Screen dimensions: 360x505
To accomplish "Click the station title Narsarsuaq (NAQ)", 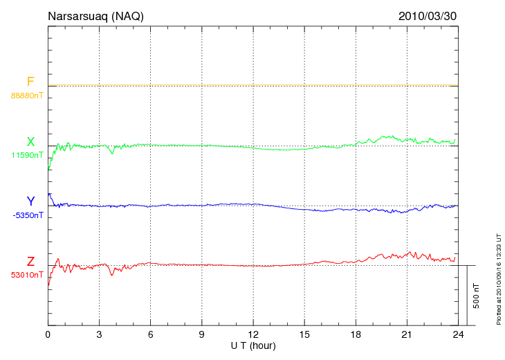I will pyautogui.click(x=95, y=15).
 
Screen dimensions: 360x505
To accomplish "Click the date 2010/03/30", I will pyautogui.click(x=428, y=15).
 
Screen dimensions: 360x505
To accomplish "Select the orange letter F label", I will pyautogui.click(x=30, y=82).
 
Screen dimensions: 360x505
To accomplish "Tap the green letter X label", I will pyautogui.click(x=30, y=142).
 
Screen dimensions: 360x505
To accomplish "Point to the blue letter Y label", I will pyautogui.click(x=30, y=201).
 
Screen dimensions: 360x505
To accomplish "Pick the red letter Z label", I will pyautogui.click(x=30, y=262).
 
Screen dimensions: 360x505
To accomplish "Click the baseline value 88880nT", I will pyautogui.click(x=27, y=96).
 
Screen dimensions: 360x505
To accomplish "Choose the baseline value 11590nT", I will pyautogui.click(x=27, y=155).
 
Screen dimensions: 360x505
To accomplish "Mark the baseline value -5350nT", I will pyautogui.click(x=27, y=215).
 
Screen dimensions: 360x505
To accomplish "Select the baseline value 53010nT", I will pyautogui.click(x=27, y=275).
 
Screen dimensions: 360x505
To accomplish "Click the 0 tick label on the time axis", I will pyautogui.click(x=48, y=335).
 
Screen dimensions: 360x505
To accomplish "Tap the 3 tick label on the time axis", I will pyautogui.click(x=99, y=335).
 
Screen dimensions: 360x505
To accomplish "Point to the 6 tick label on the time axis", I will pyautogui.click(x=150, y=335).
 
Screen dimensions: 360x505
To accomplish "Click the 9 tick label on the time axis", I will pyautogui.click(x=201, y=335).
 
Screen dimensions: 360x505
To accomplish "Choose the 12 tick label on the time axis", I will pyautogui.click(x=253, y=335).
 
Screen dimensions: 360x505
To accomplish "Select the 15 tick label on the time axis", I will pyautogui.click(x=304, y=335).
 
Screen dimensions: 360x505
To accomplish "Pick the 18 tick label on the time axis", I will pyautogui.click(x=356, y=335).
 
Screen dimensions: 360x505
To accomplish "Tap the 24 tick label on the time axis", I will pyautogui.click(x=458, y=335).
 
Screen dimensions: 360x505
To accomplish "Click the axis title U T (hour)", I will pyautogui.click(x=253, y=345).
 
